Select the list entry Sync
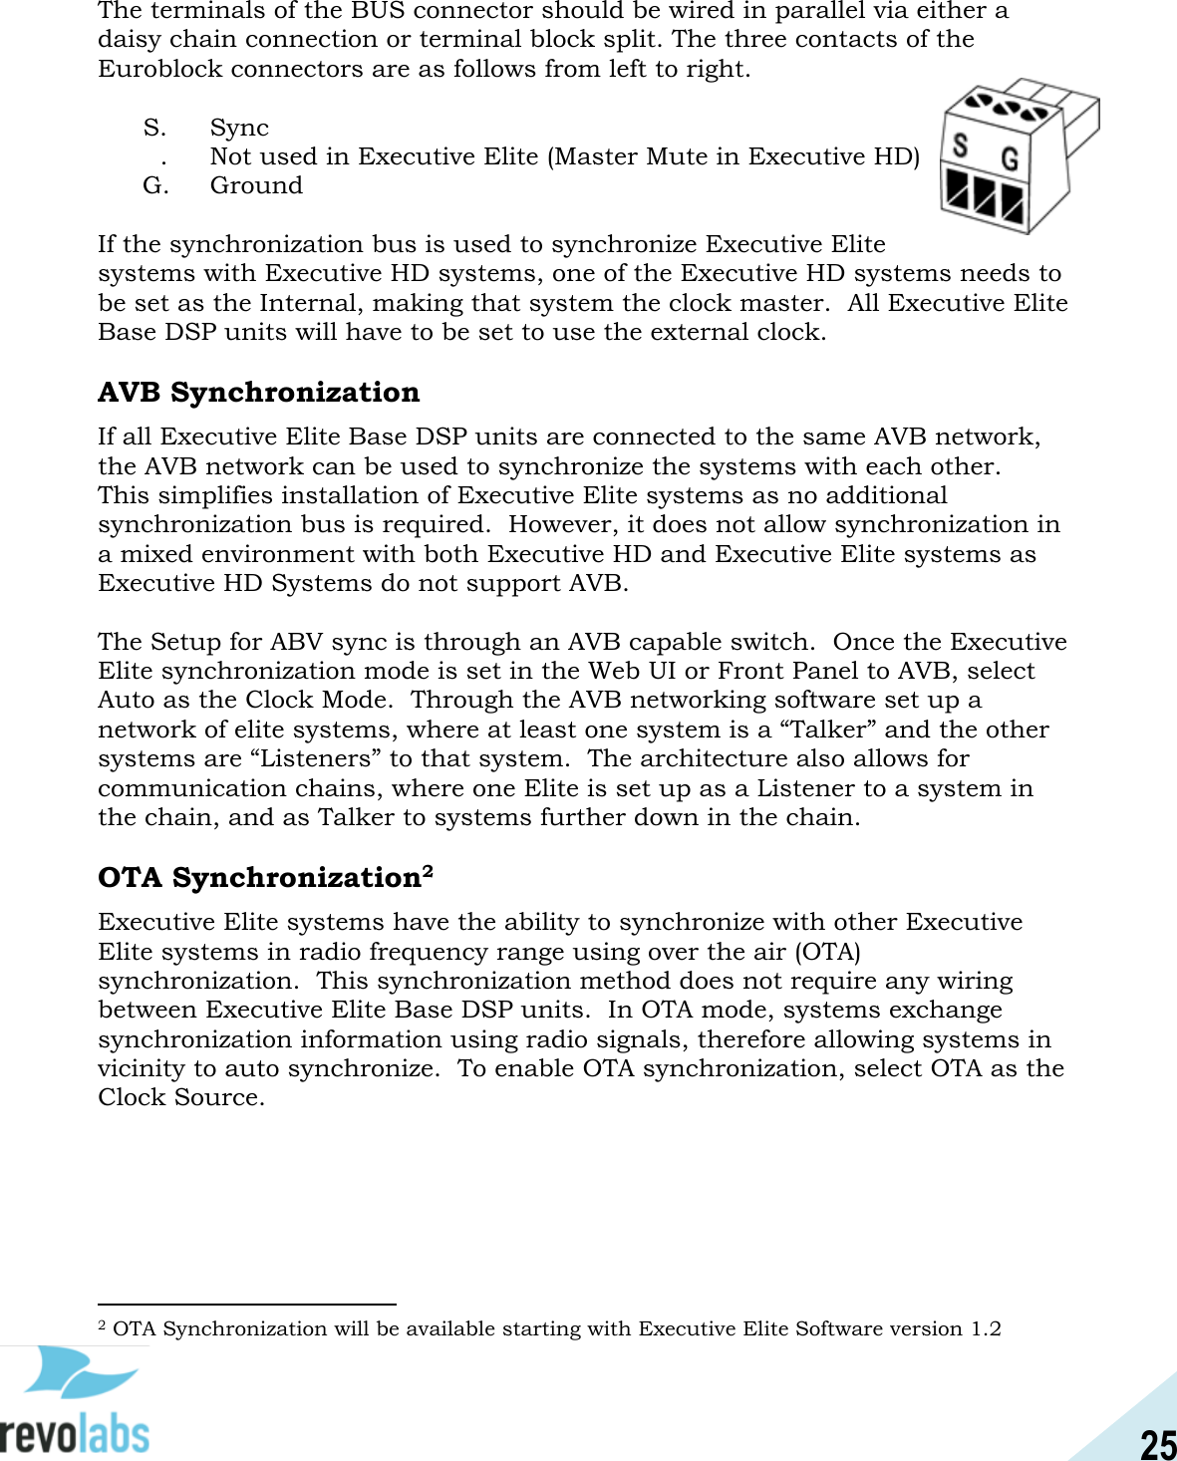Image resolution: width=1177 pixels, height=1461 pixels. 239,128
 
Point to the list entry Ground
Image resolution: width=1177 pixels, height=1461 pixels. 256,185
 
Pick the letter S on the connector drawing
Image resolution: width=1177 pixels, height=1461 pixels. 960,146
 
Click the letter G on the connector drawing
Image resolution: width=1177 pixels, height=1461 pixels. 1010,158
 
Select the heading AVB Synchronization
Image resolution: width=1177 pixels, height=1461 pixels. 258,392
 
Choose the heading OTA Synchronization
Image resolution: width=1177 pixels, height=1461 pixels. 259,877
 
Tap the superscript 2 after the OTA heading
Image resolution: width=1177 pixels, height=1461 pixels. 428,870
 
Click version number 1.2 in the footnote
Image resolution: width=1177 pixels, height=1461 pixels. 986,1328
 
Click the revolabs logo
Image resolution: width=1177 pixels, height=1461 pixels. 76,1400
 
